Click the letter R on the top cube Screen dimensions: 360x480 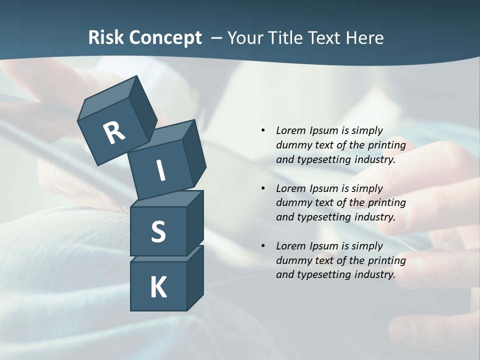[x=114, y=132]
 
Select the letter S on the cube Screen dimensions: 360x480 [x=158, y=231]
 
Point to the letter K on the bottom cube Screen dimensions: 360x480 [x=158, y=287]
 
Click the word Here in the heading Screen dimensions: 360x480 [x=363, y=38]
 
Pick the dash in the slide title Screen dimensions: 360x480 [x=217, y=38]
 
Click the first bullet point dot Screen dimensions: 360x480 [x=263, y=130]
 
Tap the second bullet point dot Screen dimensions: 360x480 [x=263, y=188]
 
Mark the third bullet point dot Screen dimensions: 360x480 [x=263, y=246]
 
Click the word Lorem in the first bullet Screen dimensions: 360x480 [x=290, y=130]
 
